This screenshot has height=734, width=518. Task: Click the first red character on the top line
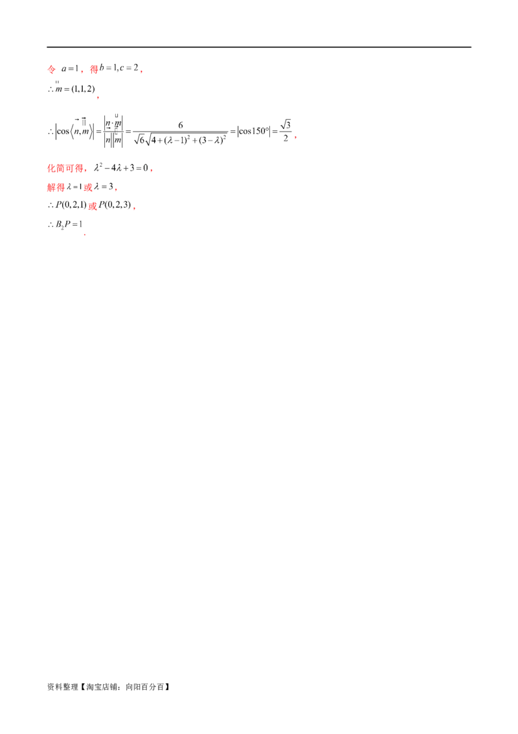click(52, 69)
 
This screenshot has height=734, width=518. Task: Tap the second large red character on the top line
click(93, 69)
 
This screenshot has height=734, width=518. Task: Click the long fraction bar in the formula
click(189, 131)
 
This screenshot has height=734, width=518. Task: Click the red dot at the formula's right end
click(296, 137)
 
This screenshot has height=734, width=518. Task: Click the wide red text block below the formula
click(65, 169)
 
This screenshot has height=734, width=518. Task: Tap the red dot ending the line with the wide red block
click(149, 170)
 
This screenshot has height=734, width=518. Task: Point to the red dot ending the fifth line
click(116, 189)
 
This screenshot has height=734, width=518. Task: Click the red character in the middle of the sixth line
click(93, 206)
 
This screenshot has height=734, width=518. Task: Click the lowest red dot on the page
click(85, 236)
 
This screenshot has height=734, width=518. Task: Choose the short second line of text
click(70, 88)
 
